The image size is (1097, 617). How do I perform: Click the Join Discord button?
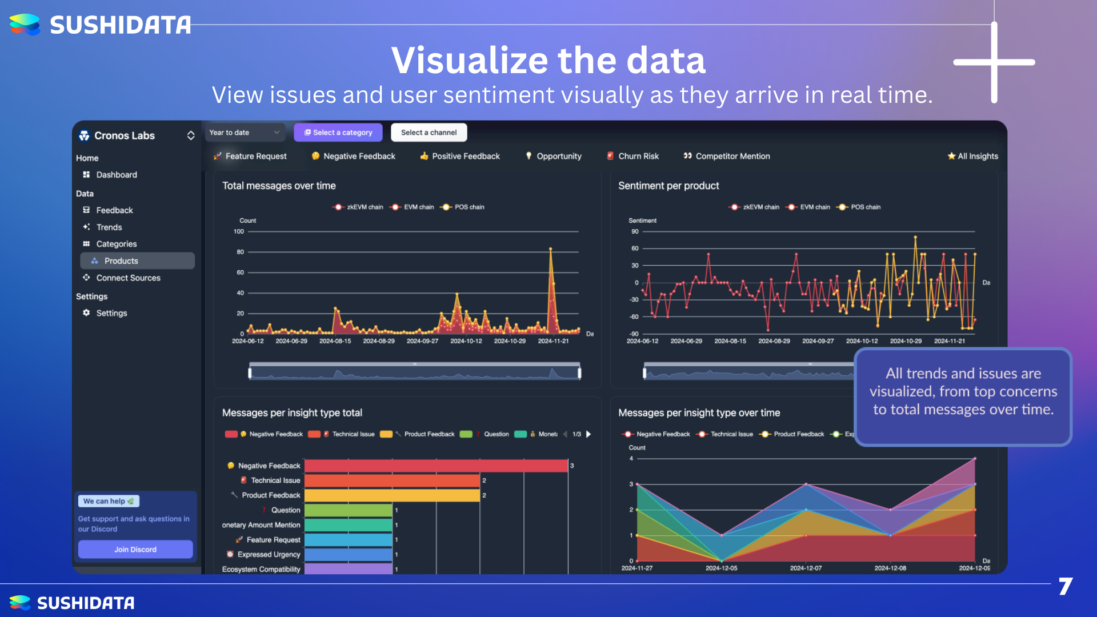135,550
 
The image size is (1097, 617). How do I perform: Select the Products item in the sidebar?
121,261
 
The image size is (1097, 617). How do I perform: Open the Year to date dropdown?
245,133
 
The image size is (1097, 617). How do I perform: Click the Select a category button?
338,133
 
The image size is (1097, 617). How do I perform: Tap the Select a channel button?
429,133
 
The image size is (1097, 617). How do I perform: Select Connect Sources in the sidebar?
128,278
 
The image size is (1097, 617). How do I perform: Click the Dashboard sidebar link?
117,175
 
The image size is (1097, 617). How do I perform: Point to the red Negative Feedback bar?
436,466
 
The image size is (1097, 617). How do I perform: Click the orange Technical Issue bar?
392,480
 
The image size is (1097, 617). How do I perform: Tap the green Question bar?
348,510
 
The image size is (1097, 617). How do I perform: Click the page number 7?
1066,587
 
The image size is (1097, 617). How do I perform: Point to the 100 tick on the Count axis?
239,231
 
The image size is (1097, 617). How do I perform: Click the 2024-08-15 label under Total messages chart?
335,341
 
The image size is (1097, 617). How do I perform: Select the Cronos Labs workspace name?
125,135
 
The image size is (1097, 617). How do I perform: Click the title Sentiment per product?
668,186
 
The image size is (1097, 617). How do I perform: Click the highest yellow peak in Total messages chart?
551,249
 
